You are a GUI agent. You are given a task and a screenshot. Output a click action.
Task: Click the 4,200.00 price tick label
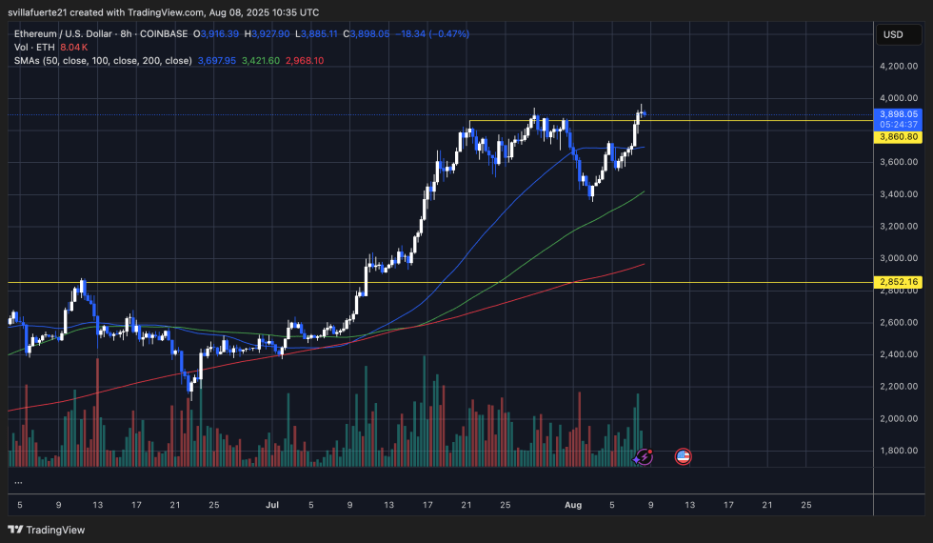coord(899,66)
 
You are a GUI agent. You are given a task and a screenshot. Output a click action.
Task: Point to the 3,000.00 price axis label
coord(899,258)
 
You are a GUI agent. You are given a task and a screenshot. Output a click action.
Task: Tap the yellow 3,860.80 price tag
coord(898,137)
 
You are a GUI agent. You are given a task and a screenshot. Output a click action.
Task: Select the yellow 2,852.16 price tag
coord(898,283)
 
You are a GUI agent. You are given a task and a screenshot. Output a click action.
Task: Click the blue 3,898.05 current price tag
coord(898,113)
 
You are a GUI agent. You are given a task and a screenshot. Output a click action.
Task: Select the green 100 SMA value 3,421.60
coord(261,61)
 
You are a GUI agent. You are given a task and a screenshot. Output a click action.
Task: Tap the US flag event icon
coord(682,457)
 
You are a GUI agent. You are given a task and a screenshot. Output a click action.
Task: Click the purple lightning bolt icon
coord(645,457)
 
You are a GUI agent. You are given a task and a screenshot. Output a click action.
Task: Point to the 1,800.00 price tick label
coord(899,451)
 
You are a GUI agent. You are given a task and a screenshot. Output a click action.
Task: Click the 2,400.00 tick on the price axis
coord(899,354)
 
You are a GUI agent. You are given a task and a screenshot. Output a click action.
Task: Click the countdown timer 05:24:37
coord(898,125)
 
